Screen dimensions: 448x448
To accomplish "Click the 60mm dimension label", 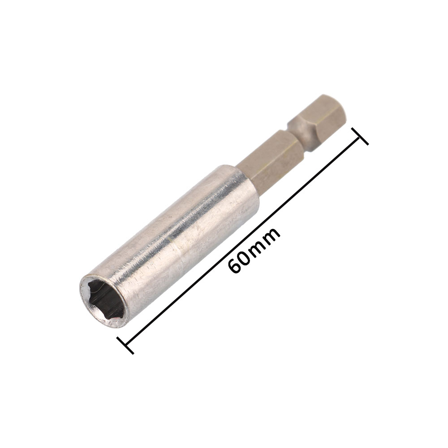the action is (x=254, y=250).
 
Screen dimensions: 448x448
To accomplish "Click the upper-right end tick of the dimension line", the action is (x=360, y=137).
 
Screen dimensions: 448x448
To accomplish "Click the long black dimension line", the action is (x=243, y=241).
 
